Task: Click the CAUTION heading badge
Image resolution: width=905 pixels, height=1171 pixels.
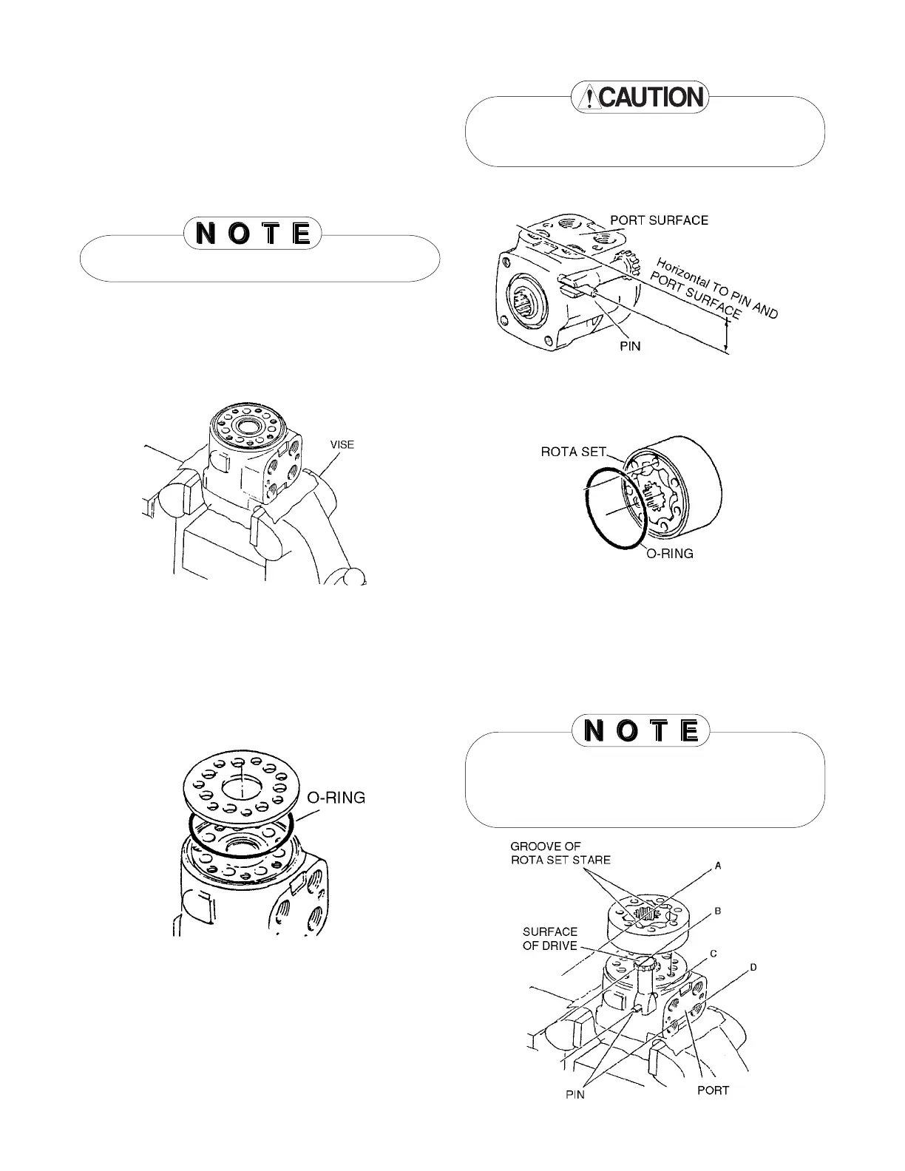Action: click(640, 97)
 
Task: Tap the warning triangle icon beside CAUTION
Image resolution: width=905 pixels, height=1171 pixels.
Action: click(589, 98)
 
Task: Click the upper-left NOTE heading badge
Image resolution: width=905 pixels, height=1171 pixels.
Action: click(252, 234)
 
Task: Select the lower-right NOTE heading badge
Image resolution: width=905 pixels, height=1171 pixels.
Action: click(640, 731)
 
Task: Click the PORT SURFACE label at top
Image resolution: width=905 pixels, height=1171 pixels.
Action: click(659, 220)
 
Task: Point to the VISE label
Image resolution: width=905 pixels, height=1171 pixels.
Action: click(342, 444)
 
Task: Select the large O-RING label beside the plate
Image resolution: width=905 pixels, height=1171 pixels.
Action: click(336, 798)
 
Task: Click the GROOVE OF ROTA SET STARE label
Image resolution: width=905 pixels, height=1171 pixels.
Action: click(560, 853)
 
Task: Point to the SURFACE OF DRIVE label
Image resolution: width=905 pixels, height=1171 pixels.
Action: click(550, 939)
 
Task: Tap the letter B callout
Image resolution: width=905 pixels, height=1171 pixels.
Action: click(716, 912)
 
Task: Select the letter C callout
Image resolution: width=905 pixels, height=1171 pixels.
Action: click(714, 954)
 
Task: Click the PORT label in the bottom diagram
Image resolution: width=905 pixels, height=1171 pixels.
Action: click(713, 1090)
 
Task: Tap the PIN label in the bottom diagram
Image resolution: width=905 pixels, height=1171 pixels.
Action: click(575, 1095)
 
